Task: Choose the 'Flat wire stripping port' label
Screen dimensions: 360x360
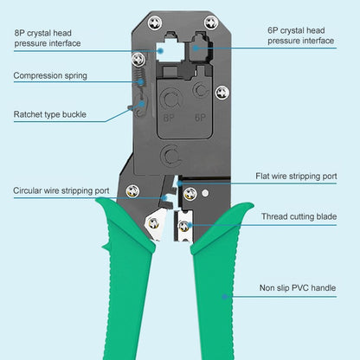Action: tap(296, 176)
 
